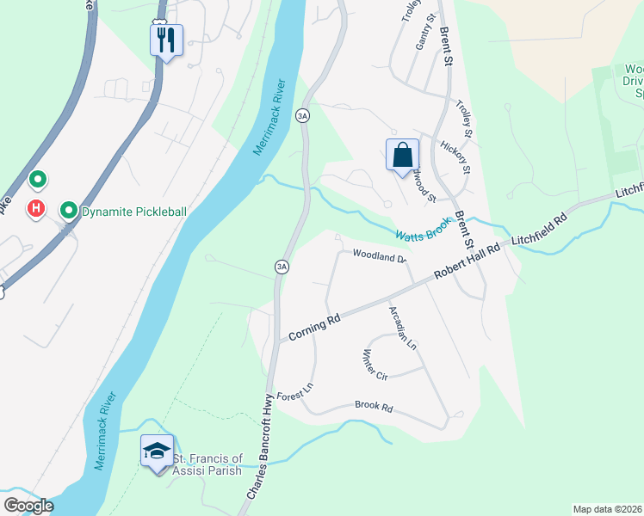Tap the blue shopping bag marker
(402, 156)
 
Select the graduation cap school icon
(157, 451)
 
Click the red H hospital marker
(36, 208)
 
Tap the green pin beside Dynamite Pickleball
(68, 210)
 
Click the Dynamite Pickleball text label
(133, 211)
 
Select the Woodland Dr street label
(379, 256)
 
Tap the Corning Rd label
(315, 328)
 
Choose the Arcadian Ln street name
(402, 327)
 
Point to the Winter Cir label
(376, 365)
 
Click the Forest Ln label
(294, 391)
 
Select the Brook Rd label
(373, 407)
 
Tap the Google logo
(28, 506)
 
